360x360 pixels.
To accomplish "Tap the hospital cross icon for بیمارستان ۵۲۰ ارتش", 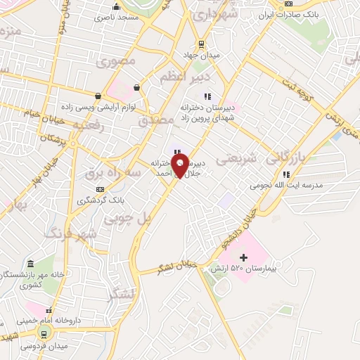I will [244, 257].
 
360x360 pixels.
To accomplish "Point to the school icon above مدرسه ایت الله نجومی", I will [285, 174].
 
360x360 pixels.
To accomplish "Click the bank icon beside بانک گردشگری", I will [101, 189].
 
